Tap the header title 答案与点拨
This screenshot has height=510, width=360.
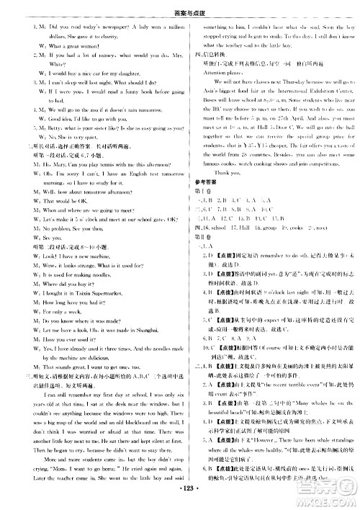click(x=181, y=6)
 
